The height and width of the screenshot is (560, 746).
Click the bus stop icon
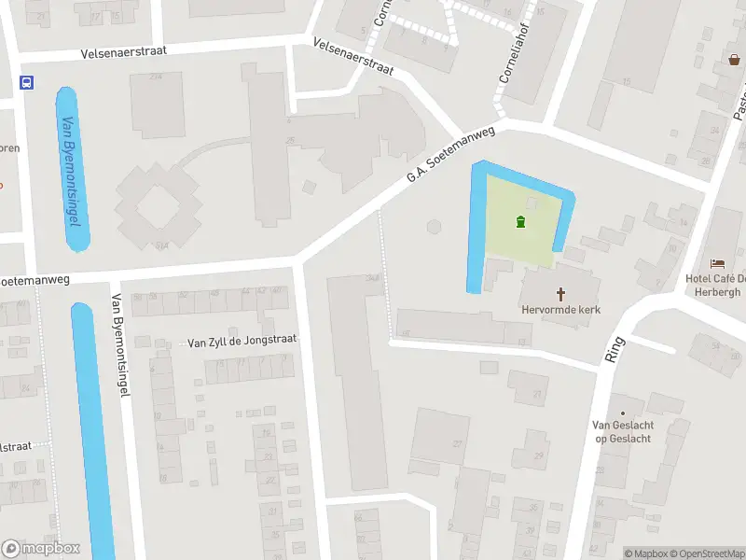[26, 82]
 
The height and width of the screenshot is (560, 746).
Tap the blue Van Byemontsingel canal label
[70, 170]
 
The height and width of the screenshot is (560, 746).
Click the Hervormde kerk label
[560, 309]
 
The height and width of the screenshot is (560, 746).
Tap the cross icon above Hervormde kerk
[561, 292]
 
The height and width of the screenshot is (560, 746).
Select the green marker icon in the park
[520, 221]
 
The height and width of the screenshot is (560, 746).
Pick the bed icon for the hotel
[717, 264]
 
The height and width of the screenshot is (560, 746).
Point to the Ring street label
[615, 350]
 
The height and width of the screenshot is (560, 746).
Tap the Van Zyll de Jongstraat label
[242, 342]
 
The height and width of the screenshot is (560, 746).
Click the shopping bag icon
[735, 60]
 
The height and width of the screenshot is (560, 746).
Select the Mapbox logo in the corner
[41, 549]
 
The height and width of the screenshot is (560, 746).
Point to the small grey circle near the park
[433, 226]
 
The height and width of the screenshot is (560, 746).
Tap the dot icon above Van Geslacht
[622, 413]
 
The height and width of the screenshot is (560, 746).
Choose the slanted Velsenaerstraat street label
[353, 57]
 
